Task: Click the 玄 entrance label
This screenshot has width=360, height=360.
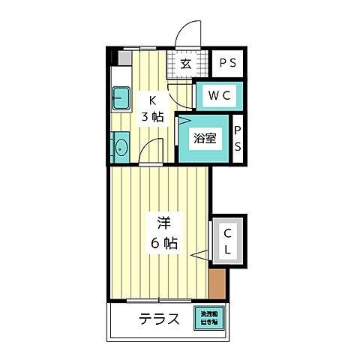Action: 186,64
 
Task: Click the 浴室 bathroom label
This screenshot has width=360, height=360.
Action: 203,138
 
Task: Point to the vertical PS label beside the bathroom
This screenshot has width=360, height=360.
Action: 238,138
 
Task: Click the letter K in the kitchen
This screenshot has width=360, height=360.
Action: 152,100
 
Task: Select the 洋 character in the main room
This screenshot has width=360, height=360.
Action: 164,223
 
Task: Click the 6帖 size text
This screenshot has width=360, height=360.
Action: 164,242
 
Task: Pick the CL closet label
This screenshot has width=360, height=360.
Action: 228,241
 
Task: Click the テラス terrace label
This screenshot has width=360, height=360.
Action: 159,319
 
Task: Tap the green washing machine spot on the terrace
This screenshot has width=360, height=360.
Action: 208,318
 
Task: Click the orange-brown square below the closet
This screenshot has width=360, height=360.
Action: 217,283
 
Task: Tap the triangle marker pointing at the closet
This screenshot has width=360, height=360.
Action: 200,256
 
